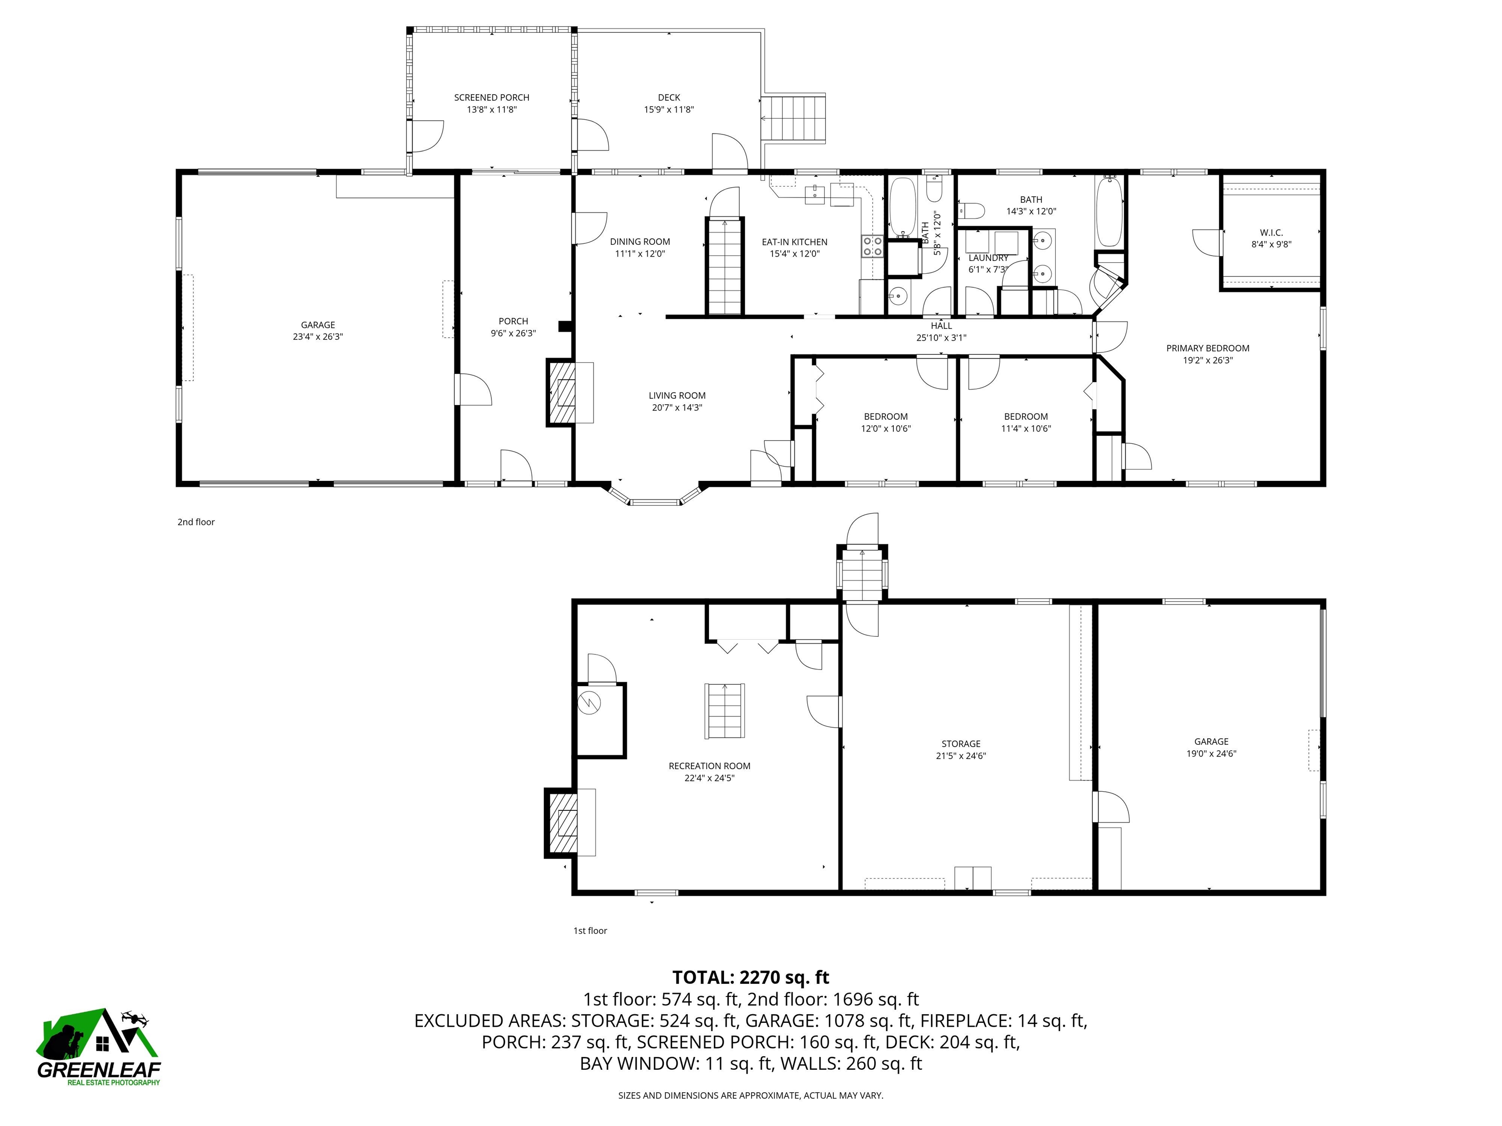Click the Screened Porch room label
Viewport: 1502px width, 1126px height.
[x=491, y=98]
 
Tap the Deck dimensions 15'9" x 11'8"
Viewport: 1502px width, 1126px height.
[x=668, y=110]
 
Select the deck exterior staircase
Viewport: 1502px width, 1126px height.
[x=793, y=118]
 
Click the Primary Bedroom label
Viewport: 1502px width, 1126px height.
[x=1207, y=348]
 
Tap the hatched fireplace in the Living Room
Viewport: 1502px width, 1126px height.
[x=562, y=393]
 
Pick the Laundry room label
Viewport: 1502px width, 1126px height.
[x=988, y=258]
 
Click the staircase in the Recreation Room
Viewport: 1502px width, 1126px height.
[x=725, y=711]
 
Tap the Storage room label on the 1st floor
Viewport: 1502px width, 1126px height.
[x=960, y=744]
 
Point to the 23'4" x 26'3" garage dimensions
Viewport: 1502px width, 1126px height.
[x=318, y=337]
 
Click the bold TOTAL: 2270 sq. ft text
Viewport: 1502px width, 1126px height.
[x=751, y=977]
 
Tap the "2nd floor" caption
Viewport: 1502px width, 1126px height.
[x=196, y=522]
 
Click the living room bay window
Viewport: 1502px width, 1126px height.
[x=655, y=501]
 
